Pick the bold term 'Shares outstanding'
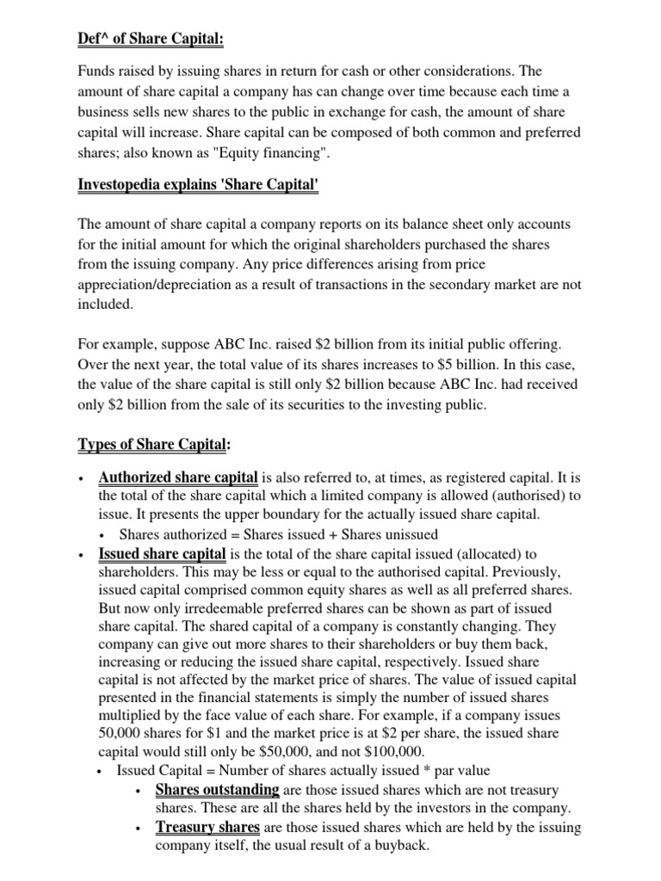click(217, 789)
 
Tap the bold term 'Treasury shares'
click(207, 827)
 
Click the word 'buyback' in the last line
click(380, 846)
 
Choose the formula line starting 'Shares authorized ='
click(278, 534)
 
